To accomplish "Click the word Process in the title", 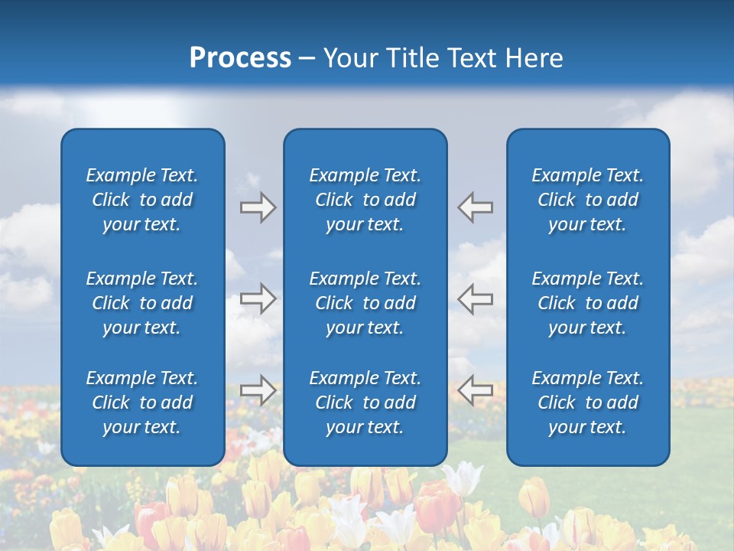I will pos(240,58).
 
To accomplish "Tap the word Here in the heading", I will pos(534,58).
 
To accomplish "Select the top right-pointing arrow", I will pos(258,207).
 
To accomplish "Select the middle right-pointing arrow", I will pos(258,298).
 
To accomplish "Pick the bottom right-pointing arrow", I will pos(258,390).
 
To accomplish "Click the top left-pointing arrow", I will pos(476,207).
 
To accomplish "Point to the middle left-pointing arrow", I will pos(476,298).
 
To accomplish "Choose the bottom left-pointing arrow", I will pos(476,390).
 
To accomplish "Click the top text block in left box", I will pos(142,200).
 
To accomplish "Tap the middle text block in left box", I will pos(142,303).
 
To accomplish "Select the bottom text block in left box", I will pos(142,403).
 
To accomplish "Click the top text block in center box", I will pos(365,200).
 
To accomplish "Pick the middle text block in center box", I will pos(365,303).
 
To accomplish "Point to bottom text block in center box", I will pos(365,403).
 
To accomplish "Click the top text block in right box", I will pos(588,200).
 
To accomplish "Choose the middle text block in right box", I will pos(588,303).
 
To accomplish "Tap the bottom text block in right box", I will pos(588,403).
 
